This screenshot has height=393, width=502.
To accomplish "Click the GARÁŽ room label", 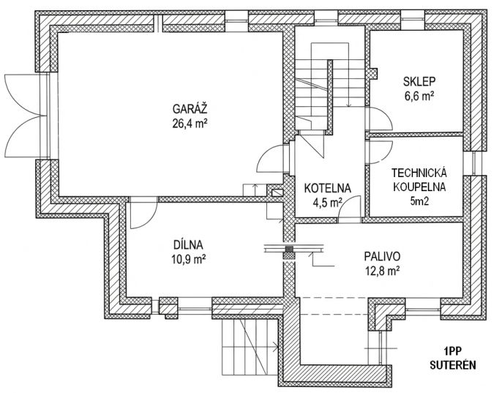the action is click(x=190, y=108).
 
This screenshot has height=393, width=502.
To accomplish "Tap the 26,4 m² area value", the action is click(x=190, y=123).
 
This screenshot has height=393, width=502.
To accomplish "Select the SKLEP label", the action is click(x=419, y=82).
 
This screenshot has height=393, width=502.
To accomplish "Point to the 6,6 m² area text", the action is click(x=420, y=96).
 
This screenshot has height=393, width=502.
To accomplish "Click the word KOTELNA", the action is click(x=328, y=188).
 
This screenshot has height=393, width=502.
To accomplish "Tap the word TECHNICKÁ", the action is click(x=419, y=173).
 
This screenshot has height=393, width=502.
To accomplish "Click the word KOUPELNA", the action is click(x=419, y=187).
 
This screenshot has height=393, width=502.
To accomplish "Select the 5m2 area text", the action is click(x=419, y=201).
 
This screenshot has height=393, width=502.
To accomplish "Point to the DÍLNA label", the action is click(x=188, y=245).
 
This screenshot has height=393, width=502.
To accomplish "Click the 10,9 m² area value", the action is click(x=189, y=259).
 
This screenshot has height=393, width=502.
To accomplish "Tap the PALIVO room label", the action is click(x=382, y=257).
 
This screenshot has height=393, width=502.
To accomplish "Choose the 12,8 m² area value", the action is click(x=382, y=271).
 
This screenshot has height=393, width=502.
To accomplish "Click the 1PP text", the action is click(x=452, y=351).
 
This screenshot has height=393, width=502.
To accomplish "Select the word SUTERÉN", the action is click(x=453, y=365).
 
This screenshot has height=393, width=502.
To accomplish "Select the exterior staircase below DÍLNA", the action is click(x=250, y=348).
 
